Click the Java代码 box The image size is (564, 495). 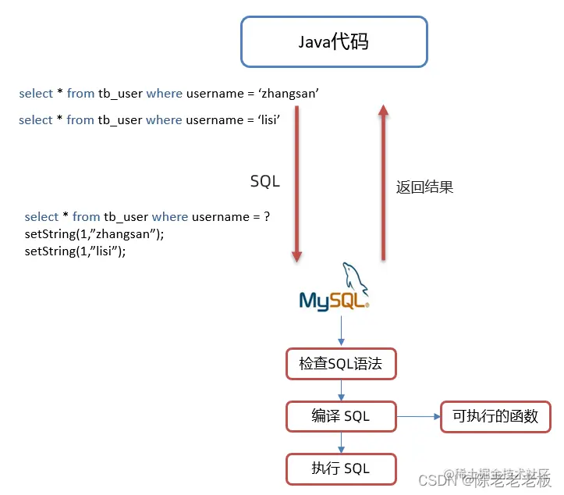(334, 41)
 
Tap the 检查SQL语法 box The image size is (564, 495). (341, 363)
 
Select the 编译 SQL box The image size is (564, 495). (341, 416)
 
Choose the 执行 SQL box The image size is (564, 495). (341, 468)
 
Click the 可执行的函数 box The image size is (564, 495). (495, 416)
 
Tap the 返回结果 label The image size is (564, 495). (424, 187)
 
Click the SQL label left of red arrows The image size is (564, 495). (264, 181)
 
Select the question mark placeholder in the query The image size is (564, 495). (267, 216)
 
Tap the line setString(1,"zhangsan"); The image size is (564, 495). (94, 233)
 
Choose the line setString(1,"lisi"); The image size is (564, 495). (75, 251)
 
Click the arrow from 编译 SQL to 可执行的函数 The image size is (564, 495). (418, 416)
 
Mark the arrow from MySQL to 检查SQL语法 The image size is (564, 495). (341, 330)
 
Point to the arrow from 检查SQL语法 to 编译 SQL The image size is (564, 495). (341, 390)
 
